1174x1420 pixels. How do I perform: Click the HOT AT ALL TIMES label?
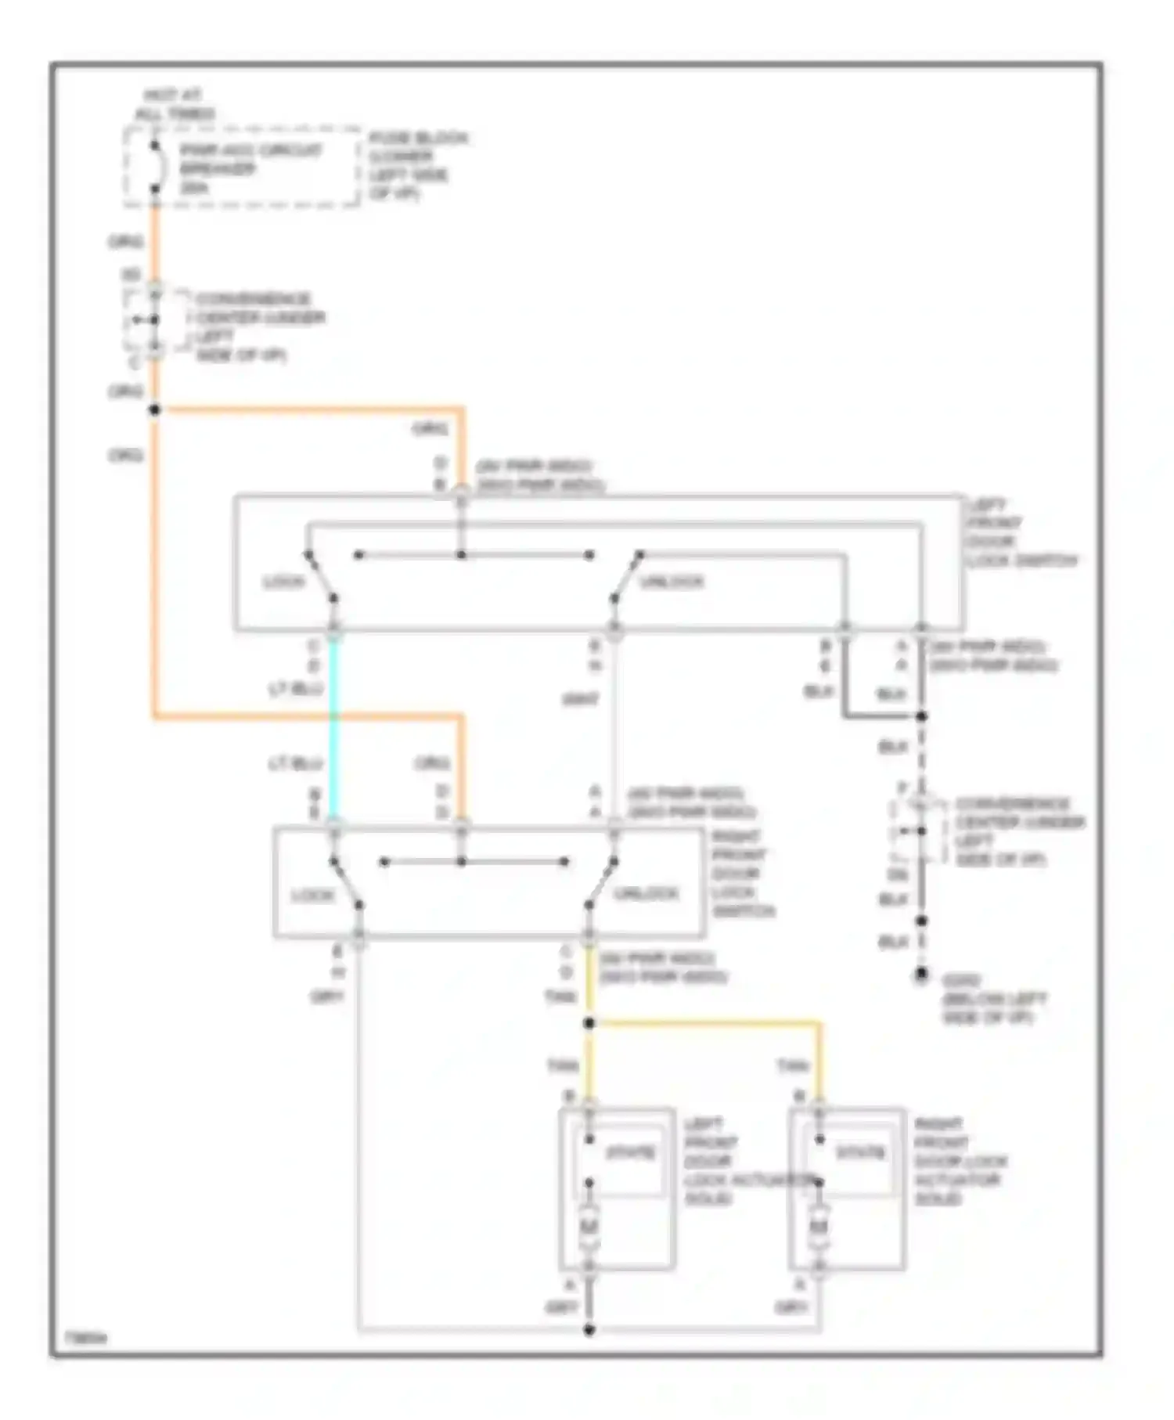174,104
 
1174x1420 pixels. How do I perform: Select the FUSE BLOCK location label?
419,165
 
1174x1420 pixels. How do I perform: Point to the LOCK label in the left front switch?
283,582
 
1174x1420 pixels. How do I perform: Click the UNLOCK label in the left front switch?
672,582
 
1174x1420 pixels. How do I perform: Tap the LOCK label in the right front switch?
313,895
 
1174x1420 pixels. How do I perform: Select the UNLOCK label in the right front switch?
646,893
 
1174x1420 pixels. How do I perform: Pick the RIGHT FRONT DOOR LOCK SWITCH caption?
742,874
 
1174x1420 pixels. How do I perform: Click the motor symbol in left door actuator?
589,1226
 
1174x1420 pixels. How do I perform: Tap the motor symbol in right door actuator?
819,1226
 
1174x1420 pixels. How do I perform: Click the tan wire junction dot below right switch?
589,1023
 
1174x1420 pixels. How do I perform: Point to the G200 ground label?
992,999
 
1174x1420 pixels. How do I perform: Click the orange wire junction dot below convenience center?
155,409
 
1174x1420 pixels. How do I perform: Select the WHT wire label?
580,699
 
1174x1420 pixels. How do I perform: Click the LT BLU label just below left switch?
296,689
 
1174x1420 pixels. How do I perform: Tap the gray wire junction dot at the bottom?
589,1329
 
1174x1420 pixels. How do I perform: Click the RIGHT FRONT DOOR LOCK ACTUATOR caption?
960,1161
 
